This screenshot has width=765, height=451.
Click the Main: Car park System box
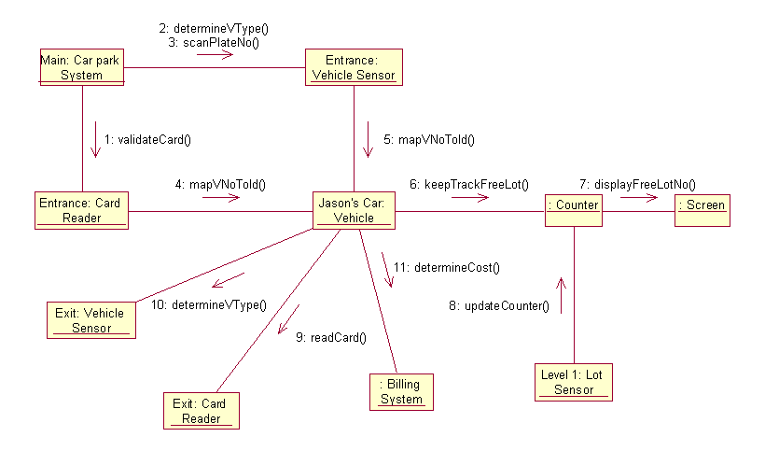pos(81,66)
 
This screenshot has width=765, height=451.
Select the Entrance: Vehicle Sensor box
pos(353,67)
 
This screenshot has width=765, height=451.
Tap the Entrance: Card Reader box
pos(81,210)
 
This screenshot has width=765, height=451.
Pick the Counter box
pos(574,205)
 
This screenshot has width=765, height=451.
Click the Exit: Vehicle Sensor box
pos(90,319)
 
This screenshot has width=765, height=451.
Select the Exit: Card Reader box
pos(200,411)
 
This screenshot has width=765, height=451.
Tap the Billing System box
pos(401,391)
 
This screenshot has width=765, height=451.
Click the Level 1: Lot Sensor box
pos(573,382)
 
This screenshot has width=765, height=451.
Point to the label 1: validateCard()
pos(147,140)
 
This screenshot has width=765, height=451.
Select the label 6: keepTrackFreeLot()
pos(477,184)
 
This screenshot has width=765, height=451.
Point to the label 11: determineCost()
pos(446,267)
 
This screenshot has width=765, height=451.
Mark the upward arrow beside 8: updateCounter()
pos(561,294)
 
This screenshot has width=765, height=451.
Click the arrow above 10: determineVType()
pos(227,281)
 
